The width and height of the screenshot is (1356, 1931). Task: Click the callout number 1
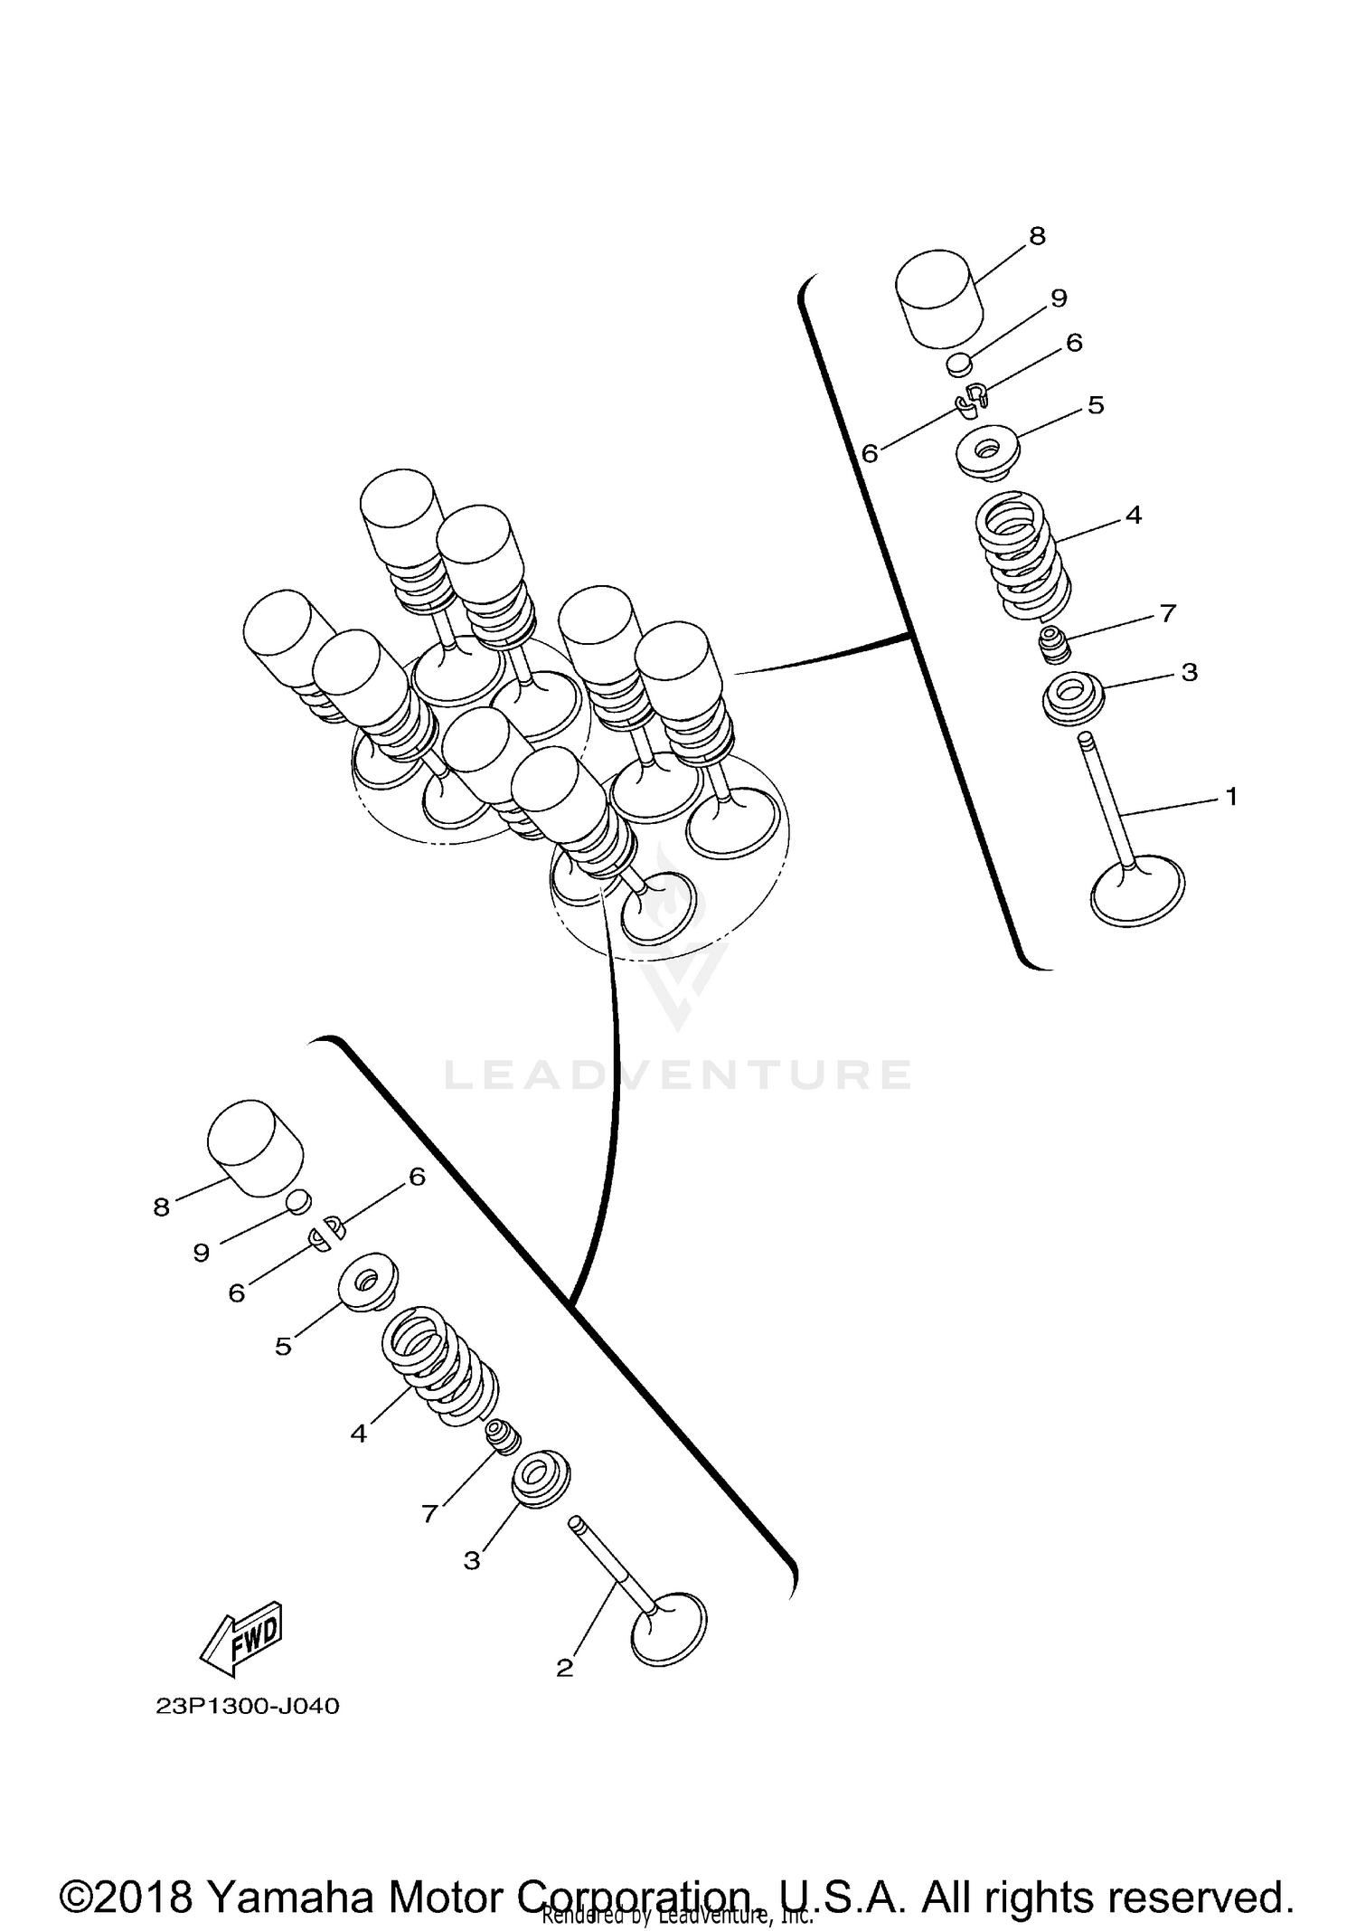[x=1230, y=797]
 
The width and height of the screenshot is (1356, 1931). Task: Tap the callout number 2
[x=565, y=1668]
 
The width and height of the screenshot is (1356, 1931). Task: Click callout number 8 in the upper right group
[x=1037, y=236]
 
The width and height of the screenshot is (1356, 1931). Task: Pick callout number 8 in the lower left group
[x=161, y=1207]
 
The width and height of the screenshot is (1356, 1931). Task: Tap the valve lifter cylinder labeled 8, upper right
[x=939, y=298]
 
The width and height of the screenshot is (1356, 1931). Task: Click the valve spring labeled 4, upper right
[x=1023, y=554]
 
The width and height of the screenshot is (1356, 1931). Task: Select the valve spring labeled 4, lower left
[x=439, y=1367]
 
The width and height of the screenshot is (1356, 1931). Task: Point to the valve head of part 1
[x=1137, y=891]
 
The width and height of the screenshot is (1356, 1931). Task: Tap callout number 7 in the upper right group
[x=1167, y=613]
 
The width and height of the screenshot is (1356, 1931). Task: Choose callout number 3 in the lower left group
[x=472, y=1560]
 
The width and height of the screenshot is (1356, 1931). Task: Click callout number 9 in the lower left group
[x=201, y=1253]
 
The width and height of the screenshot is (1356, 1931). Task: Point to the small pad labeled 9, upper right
[x=958, y=364]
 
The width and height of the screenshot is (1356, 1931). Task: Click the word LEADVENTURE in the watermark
[x=678, y=1074]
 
